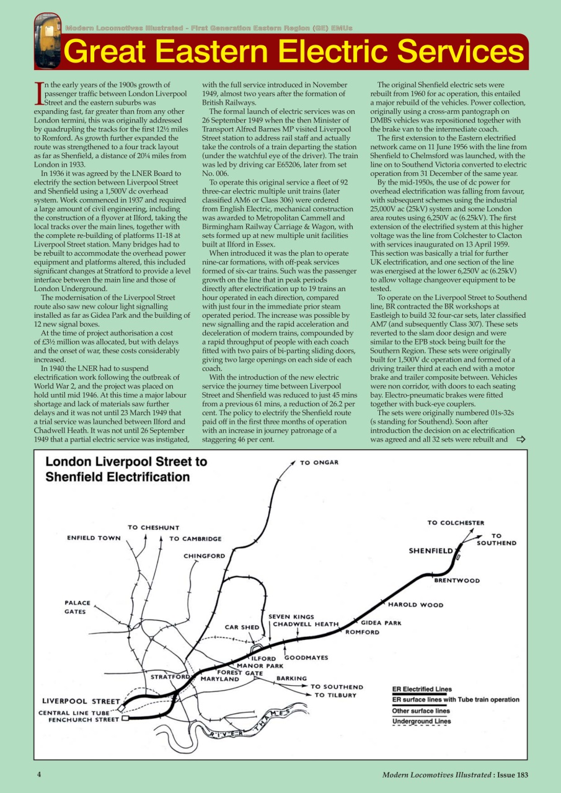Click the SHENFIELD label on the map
[x=430, y=551]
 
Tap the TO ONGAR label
[x=319, y=463]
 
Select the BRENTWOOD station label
[x=457, y=581]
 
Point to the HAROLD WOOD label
[x=415, y=605]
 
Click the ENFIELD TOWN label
[x=94, y=538]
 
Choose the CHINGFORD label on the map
[x=204, y=556]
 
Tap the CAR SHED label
[x=242, y=627]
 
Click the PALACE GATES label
[x=77, y=607]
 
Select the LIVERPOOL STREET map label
[x=81, y=701]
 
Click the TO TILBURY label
[x=335, y=695]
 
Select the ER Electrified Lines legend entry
[x=422, y=689]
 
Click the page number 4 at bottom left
[x=39, y=774]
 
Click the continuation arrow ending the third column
[x=520, y=439]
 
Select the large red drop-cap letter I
[x=40, y=92]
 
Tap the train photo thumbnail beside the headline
[x=46, y=41]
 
